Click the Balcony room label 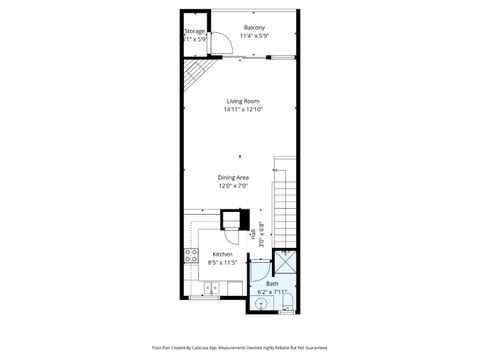tap(255, 27)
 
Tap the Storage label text tap(195, 31)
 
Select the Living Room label tap(241, 101)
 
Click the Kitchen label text tap(222, 255)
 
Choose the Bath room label tap(272, 283)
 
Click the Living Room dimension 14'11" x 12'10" tap(241, 109)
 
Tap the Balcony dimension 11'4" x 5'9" tap(255, 36)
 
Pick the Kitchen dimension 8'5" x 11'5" tap(222, 263)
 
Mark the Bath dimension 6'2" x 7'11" tap(273, 291)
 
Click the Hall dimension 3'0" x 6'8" tap(261, 232)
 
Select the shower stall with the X tap(286, 263)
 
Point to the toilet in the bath tap(287, 303)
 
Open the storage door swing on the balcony tap(224, 41)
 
